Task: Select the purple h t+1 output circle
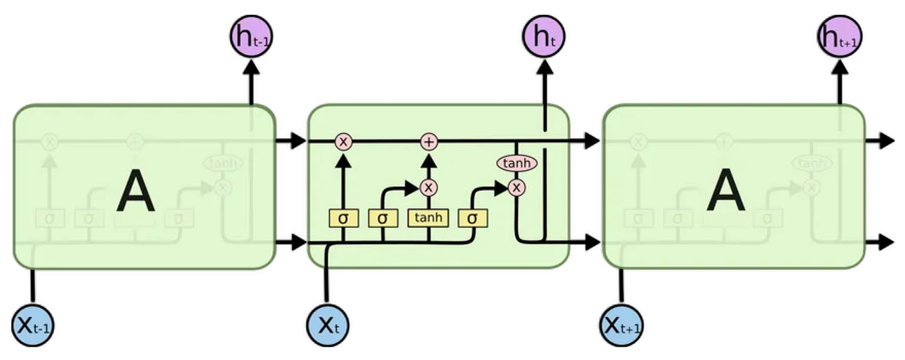pos(839,37)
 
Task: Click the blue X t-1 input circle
pos(33,326)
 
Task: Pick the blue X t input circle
pos(327,326)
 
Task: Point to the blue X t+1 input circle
pos(622,326)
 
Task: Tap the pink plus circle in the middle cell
pos(429,141)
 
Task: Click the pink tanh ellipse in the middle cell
pos(516,163)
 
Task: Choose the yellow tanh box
pos(429,218)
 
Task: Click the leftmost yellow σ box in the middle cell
pos(344,218)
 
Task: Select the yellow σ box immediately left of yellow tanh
pos(383,218)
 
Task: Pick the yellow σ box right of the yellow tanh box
pos(472,218)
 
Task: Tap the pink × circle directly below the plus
pos(429,187)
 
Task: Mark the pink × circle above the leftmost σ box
pos(344,141)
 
